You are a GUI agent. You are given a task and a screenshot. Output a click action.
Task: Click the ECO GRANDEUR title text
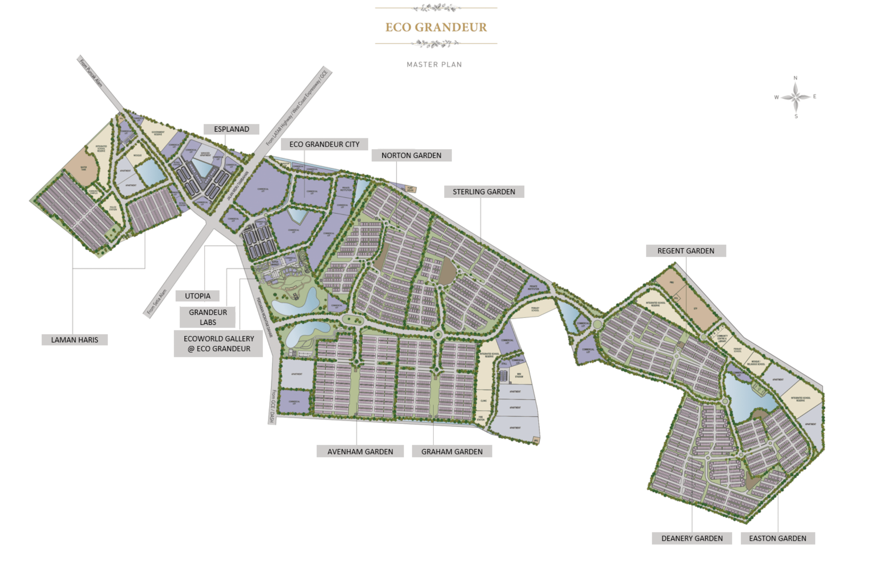tap(436, 27)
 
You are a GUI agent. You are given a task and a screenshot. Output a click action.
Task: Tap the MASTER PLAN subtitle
tap(434, 65)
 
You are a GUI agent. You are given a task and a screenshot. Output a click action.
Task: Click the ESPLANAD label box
tap(231, 129)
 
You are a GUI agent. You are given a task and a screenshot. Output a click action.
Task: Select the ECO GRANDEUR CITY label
tap(324, 144)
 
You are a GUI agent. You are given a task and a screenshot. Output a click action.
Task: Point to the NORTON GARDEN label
tap(411, 155)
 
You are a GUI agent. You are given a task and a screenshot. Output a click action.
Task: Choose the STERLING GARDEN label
tap(484, 192)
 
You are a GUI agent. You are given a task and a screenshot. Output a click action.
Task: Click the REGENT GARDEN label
tap(686, 251)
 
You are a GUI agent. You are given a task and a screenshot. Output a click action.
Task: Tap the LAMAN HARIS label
tap(75, 340)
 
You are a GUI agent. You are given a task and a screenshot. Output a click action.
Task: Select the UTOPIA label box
tap(198, 296)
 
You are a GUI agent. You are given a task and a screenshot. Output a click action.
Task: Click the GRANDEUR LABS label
tap(208, 317)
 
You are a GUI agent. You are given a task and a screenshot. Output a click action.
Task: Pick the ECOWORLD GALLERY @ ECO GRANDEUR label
tap(218, 344)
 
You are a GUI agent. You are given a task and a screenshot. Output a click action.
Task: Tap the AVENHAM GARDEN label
tap(360, 452)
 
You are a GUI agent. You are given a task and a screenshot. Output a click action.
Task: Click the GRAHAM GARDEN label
tap(452, 452)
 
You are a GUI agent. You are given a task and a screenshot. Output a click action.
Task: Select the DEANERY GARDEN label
tap(692, 538)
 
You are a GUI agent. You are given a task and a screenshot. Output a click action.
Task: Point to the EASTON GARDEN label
tap(778, 538)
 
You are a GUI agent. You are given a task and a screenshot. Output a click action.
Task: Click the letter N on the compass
tap(796, 78)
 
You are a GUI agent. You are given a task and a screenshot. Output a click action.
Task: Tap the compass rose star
tap(796, 97)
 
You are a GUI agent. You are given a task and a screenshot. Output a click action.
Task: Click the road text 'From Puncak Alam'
tap(91, 72)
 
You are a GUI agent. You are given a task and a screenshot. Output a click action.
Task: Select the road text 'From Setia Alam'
tap(157, 302)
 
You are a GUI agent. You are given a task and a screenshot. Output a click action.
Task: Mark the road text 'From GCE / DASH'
tap(273, 406)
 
